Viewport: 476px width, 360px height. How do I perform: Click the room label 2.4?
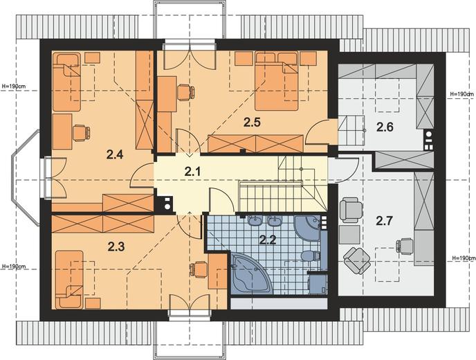(115, 154)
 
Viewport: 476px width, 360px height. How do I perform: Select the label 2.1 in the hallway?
(193, 172)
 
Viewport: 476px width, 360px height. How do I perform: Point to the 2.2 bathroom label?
(268, 240)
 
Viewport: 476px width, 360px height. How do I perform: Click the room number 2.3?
(116, 247)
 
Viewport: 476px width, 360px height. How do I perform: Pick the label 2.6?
(385, 127)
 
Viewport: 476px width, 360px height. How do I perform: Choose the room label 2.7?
(385, 221)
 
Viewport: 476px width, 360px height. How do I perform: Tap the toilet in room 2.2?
(310, 255)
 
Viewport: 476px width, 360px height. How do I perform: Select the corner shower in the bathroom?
(308, 228)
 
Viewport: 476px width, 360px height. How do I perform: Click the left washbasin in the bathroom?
(255, 221)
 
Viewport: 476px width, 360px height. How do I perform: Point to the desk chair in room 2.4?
(82, 133)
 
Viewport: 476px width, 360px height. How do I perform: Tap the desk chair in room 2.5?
(185, 92)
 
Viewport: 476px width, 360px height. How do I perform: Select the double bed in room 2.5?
(277, 81)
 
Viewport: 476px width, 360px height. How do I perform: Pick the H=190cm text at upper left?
(14, 87)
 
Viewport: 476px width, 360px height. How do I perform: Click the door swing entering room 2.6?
(318, 132)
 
